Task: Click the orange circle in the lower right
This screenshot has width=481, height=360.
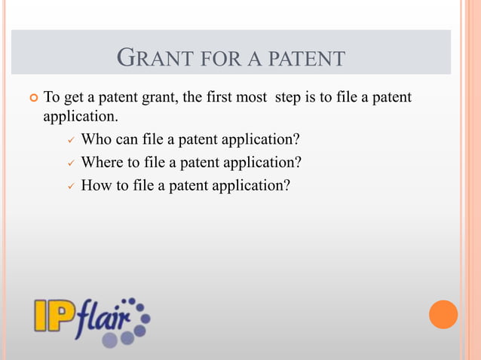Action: (443, 314)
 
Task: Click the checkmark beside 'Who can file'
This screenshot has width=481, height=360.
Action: (70, 140)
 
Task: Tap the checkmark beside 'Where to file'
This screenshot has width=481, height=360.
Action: (70, 163)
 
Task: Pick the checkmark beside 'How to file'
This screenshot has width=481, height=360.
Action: (70, 185)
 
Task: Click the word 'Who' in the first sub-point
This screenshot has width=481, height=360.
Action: (96, 139)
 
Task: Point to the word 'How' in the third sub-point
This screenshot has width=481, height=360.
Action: (95, 185)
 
